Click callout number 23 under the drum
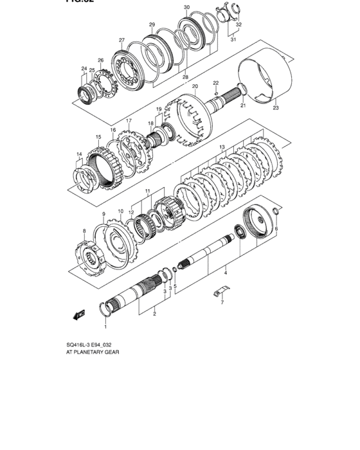point(276,109)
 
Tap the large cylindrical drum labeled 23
point(261,77)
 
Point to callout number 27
point(121,40)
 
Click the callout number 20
point(194,86)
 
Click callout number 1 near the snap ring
point(106,327)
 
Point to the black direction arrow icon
point(80,314)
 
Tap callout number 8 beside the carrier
point(84,230)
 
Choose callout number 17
point(129,121)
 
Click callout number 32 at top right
point(239,24)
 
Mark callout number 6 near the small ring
point(276,229)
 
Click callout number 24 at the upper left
point(84,68)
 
